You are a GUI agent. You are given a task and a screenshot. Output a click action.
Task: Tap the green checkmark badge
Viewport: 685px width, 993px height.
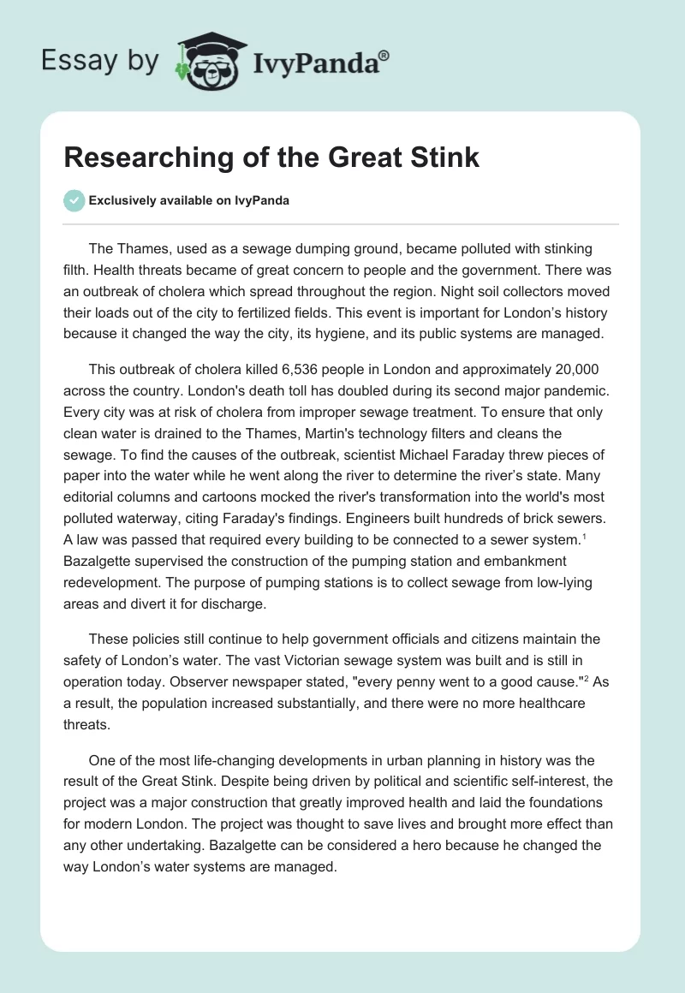pyautogui.click(x=74, y=201)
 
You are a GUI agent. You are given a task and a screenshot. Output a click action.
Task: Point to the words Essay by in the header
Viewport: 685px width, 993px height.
pyautogui.click(x=99, y=62)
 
